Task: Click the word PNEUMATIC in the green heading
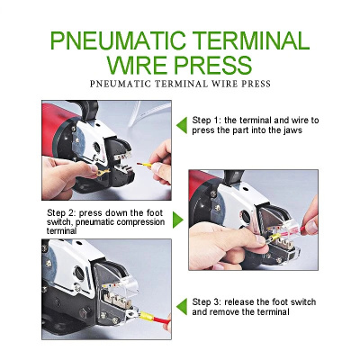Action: (119, 40)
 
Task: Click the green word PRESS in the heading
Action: (213, 65)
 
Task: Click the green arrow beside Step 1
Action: (182, 125)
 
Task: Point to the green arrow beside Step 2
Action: (178, 220)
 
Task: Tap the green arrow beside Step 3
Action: (182, 307)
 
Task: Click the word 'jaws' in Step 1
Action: (292, 130)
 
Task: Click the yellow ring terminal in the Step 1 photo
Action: (103, 172)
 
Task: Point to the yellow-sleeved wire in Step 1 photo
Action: (146, 165)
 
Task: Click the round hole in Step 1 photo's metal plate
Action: (97, 148)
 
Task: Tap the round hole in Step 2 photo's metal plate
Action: (246, 217)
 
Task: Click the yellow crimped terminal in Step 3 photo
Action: (146, 316)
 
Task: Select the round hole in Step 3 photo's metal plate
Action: (79, 273)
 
